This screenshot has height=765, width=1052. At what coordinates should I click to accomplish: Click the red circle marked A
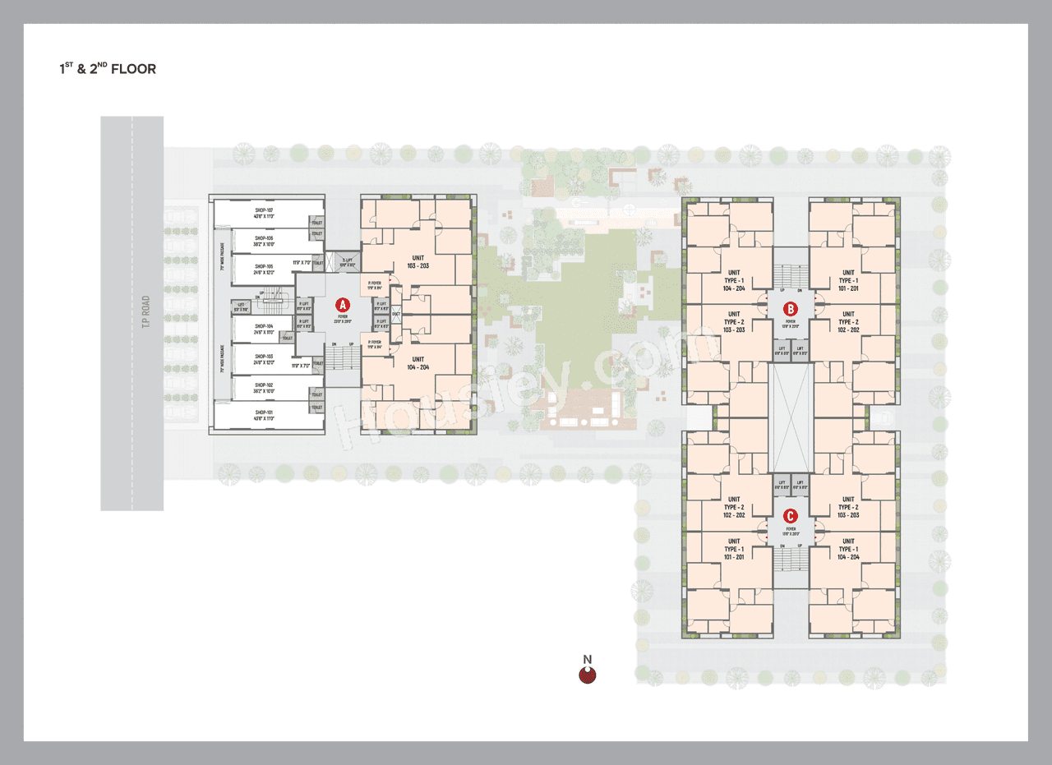coord(343,305)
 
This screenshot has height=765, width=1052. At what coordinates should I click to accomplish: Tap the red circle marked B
coord(789,309)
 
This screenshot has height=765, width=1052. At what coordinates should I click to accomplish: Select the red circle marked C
coord(790,516)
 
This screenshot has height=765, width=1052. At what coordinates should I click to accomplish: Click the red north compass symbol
coord(588,675)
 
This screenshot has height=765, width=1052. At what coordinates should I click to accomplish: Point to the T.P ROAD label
coord(145,312)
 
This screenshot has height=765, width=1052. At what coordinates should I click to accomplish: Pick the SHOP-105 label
coord(264,270)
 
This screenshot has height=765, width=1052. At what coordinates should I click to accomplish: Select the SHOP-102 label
coord(264,387)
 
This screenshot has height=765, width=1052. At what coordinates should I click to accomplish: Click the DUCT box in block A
coord(396,313)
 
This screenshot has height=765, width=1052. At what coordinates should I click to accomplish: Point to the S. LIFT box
coord(348,262)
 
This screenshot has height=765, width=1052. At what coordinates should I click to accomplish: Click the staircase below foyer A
coord(342,357)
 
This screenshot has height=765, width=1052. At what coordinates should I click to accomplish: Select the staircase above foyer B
coord(789,275)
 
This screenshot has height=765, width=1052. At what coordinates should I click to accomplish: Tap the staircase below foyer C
coord(790,560)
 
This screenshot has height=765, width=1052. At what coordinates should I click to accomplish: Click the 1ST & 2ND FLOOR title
coord(107,69)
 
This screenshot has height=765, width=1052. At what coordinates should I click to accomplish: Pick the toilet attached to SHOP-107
coord(316,223)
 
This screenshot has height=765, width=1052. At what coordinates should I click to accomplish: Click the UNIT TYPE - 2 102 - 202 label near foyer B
coord(848,321)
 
